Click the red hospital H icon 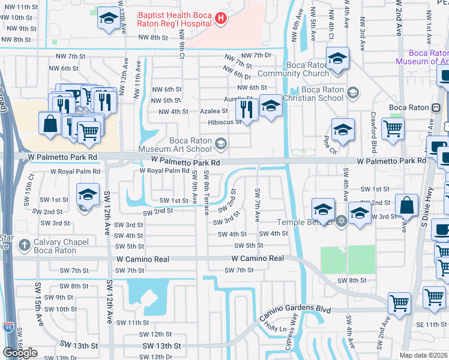point(221,19)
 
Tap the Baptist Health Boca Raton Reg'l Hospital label point(175,19)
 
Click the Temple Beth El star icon point(341,221)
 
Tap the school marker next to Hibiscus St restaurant point(271,106)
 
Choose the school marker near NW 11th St point(108,19)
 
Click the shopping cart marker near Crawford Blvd point(393,128)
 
